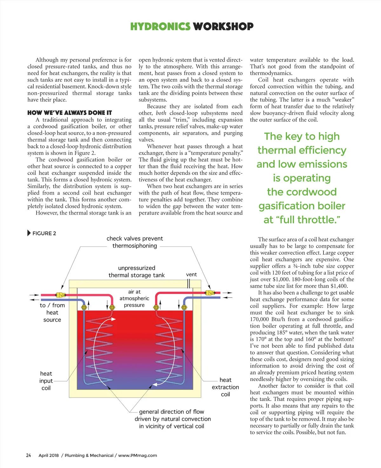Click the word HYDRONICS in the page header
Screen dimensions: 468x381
[160, 26]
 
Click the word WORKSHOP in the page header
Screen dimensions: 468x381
[223, 26]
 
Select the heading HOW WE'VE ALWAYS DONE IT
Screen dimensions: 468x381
[70, 113]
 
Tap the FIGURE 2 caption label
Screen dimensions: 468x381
[44, 233]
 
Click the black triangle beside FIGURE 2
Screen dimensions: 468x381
[29, 233]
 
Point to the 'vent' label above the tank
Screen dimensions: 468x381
[191, 274]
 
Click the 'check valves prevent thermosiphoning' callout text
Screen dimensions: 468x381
[135, 242]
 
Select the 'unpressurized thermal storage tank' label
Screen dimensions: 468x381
[137, 271]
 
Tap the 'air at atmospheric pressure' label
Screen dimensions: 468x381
[134, 298]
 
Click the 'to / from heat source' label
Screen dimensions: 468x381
[52, 312]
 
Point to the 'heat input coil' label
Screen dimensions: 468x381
[46, 381]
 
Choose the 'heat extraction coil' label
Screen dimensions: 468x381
[225, 387]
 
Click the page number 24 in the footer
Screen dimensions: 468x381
[29, 455]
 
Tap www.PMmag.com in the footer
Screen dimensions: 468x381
[137, 455]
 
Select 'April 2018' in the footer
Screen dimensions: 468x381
[49, 455]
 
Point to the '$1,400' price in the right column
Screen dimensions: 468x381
[339, 286]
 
